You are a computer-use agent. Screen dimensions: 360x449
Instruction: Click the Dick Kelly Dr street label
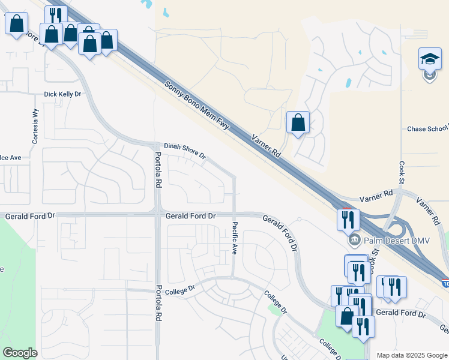(62, 94)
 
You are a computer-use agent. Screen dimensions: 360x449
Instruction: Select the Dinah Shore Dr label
(185, 150)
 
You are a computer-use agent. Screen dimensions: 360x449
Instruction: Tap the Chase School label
(427, 128)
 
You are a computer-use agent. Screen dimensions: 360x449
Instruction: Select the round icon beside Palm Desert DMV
(354, 241)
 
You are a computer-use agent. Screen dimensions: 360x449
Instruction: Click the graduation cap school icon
(430, 59)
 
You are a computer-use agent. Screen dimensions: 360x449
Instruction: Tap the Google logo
(20, 353)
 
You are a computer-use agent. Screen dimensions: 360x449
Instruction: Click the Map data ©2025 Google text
(411, 355)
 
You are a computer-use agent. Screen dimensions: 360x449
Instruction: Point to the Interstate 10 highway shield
(445, 283)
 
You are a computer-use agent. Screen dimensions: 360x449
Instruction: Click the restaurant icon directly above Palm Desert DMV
(348, 220)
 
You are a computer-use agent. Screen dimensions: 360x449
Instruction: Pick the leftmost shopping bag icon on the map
(16, 23)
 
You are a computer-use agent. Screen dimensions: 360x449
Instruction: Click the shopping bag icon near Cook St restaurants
(346, 316)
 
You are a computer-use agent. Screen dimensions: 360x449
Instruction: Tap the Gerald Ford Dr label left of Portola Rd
(30, 215)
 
